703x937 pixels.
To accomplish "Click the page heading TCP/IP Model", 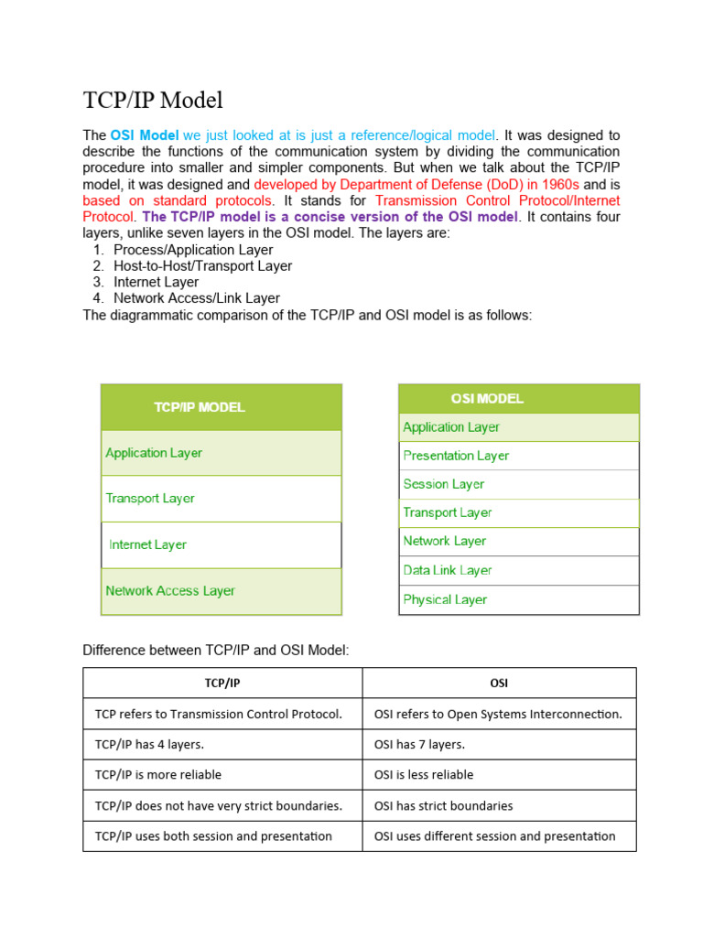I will [153, 100].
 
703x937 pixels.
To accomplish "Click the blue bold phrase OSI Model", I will [145, 135].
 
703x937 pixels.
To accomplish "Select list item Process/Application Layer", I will [193, 250].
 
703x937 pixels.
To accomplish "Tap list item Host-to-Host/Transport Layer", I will [202, 266].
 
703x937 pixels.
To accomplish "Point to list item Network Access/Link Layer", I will [197, 298].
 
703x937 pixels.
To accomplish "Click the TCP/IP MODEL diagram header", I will [200, 407].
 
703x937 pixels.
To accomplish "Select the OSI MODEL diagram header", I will [487, 399].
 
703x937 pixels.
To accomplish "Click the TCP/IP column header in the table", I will [222, 684].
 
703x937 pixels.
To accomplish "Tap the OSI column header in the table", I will [499, 684].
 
